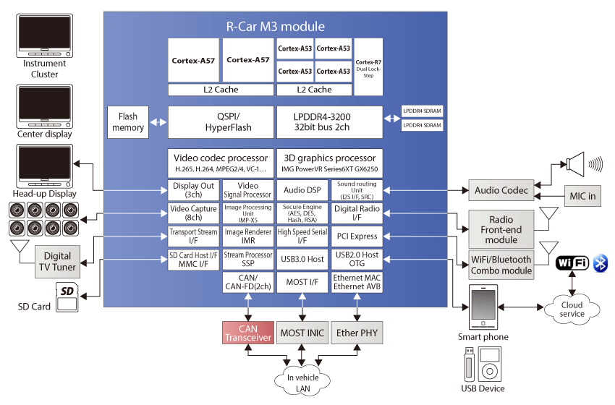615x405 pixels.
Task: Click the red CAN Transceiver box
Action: (247, 333)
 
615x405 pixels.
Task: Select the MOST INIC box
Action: (302, 333)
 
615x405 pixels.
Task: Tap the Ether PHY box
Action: (356, 333)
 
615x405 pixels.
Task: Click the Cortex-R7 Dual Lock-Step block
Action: (368, 67)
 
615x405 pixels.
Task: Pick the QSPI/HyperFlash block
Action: (220, 122)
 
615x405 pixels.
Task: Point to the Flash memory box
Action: (128, 122)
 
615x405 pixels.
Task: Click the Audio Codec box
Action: (501, 191)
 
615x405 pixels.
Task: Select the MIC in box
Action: (582, 195)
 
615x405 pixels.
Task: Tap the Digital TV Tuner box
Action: (57, 260)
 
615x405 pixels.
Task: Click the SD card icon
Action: (67, 296)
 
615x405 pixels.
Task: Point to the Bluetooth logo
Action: (601, 263)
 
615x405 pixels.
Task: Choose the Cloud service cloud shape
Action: (572, 309)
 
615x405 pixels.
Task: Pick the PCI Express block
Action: (356, 236)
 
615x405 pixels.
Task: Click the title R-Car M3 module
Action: (276, 27)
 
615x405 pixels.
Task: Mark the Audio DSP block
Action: (302, 189)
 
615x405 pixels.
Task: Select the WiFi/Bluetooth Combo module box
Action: (501, 265)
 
